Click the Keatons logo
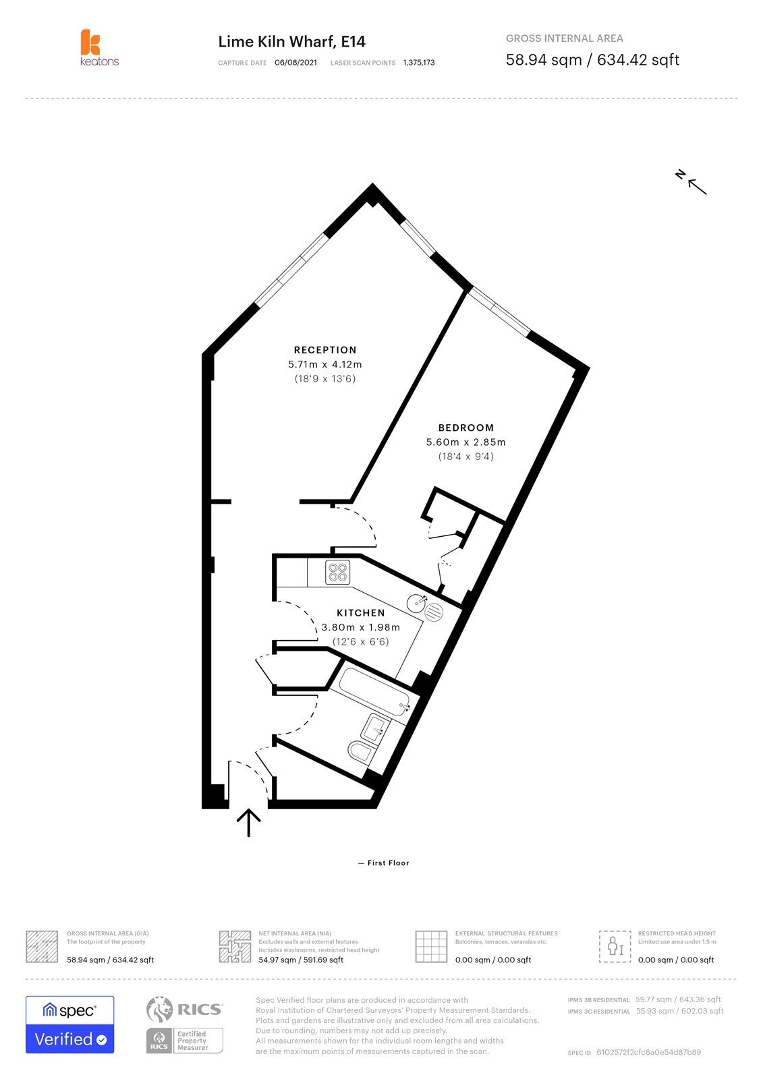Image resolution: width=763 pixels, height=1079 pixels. tap(99, 47)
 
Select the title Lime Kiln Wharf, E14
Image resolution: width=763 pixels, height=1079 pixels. tap(291, 42)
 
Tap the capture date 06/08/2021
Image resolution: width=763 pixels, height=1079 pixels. tap(295, 63)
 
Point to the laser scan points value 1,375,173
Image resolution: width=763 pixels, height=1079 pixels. tap(419, 63)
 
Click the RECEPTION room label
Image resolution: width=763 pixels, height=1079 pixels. tap(325, 350)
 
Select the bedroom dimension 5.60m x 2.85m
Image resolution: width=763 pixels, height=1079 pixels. tap(465, 442)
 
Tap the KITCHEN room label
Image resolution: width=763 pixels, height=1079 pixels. tap(360, 613)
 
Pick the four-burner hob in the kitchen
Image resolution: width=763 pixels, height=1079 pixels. tap(337, 573)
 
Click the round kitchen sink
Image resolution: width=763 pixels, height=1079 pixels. tap(416, 603)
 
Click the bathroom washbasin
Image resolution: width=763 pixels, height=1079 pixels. tap(376, 729)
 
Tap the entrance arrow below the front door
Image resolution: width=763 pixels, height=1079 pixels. tap(249, 823)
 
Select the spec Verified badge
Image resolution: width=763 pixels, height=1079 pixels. tap(70, 1024)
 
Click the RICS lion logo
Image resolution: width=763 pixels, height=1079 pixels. tap(159, 1009)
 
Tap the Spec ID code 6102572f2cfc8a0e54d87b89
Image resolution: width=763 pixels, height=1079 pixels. tap(649, 1052)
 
